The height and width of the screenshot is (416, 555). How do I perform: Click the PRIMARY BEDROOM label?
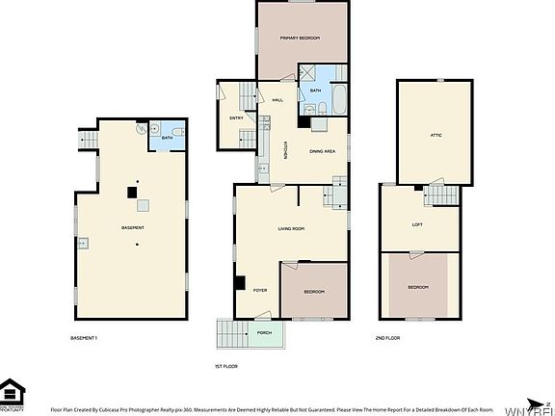[x=299, y=38]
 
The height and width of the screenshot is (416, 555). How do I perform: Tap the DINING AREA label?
[x=322, y=152]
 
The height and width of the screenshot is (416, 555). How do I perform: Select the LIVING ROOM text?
[x=291, y=228]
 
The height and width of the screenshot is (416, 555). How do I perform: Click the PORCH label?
[x=263, y=332]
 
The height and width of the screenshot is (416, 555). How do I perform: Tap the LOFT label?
[x=416, y=224]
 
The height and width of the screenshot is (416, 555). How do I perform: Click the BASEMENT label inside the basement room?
[x=133, y=227]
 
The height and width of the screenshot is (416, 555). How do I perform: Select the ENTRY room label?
[x=236, y=117]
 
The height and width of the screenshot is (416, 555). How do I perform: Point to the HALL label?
[x=277, y=100]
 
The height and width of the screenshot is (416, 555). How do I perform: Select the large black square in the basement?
[x=132, y=193]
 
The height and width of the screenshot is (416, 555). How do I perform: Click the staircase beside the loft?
[x=441, y=196]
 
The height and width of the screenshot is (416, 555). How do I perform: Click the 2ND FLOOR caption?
[x=388, y=338]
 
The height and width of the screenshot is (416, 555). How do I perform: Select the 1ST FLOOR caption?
[x=225, y=366]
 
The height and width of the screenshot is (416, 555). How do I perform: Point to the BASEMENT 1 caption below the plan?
[x=85, y=338]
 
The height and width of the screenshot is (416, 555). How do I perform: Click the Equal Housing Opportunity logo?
[x=13, y=393]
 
